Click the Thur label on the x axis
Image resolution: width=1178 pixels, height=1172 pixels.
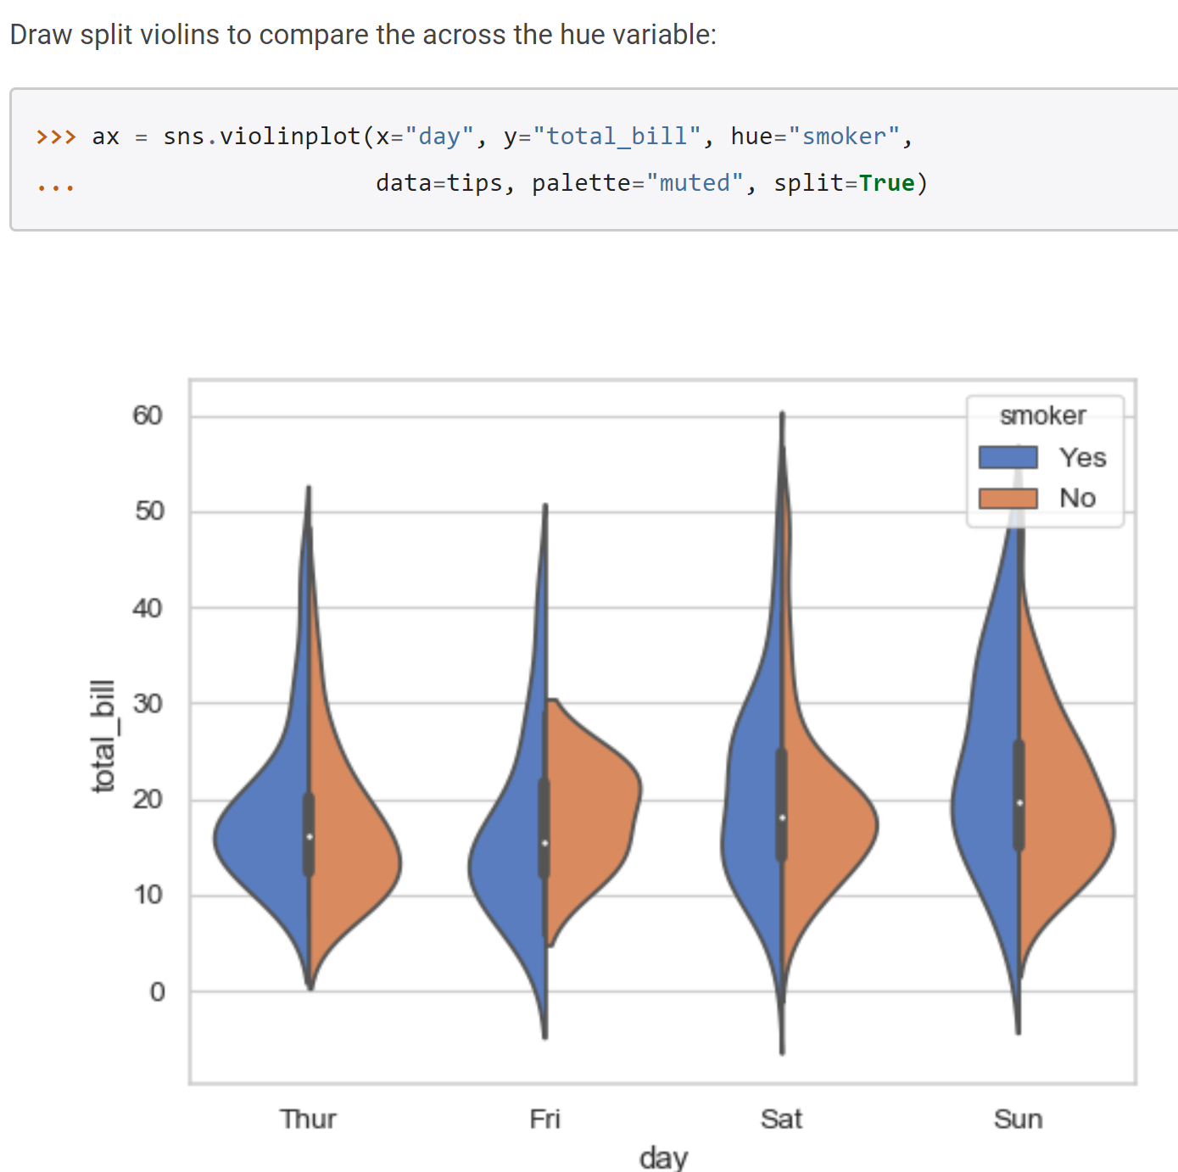coord(308,1119)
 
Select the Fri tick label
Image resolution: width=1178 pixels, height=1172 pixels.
coord(544,1119)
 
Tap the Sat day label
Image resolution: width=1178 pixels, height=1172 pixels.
coord(781,1119)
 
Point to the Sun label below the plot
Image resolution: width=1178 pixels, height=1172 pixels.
coord(1018,1119)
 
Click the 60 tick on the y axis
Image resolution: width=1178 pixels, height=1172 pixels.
coord(148,416)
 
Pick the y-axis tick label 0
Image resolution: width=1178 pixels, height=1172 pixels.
coord(157,991)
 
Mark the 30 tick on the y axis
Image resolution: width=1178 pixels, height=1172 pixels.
coord(148,704)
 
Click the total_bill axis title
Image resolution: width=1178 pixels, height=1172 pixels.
coord(103,736)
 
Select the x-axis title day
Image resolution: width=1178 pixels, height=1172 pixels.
coord(663,1158)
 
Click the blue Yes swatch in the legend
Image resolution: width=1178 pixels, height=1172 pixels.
coord(1008,457)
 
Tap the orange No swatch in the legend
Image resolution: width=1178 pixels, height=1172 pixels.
coord(1008,499)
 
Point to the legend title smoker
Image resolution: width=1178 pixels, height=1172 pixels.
coord(1043,416)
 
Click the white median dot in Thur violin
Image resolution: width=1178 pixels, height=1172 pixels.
coord(310,836)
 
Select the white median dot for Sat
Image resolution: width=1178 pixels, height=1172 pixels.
coord(782,818)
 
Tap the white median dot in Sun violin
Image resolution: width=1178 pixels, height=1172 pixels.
coord(1019,803)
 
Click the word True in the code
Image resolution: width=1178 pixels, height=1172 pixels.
coord(886,183)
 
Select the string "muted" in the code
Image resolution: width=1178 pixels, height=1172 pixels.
coord(695,183)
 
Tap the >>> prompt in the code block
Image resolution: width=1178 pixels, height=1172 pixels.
coord(56,137)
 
